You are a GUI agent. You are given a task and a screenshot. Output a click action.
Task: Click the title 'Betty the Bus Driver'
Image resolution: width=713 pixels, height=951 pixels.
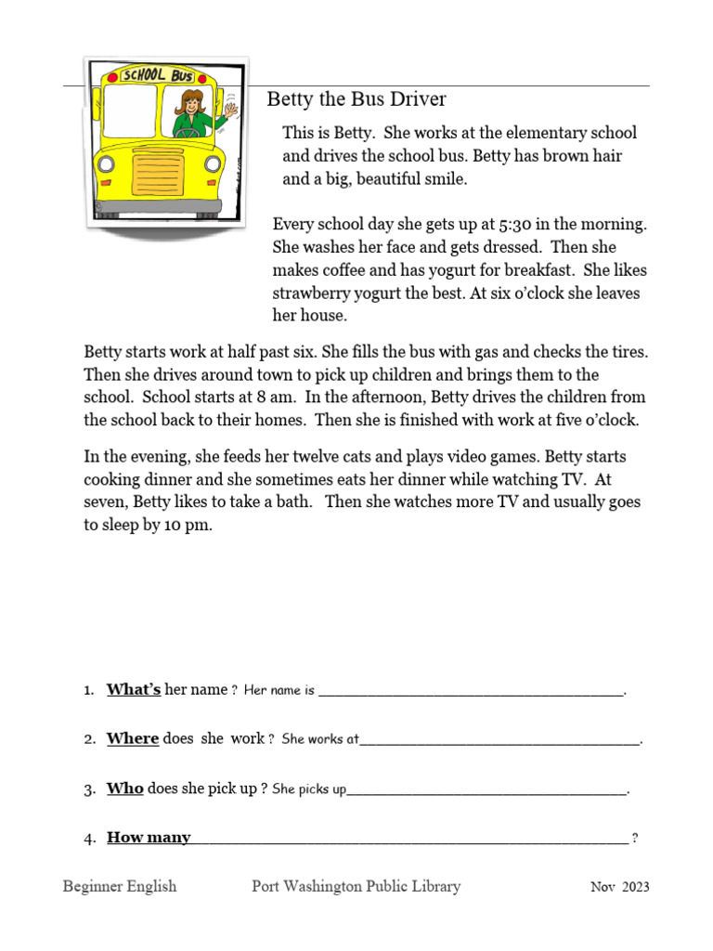pyautogui.click(x=356, y=99)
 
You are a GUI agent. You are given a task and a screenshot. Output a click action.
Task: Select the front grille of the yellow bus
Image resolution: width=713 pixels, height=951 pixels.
pyautogui.click(x=160, y=176)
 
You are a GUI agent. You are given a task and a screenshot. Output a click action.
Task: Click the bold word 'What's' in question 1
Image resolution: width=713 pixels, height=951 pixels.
pyautogui.click(x=134, y=689)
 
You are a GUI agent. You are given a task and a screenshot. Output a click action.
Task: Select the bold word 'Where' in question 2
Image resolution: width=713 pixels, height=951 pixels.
pyautogui.click(x=133, y=738)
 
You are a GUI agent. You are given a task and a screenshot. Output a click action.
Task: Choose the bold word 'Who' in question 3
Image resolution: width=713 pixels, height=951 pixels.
pyautogui.click(x=125, y=788)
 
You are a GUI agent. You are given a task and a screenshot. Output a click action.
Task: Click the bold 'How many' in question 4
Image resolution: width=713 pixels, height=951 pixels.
pyautogui.click(x=149, y=838)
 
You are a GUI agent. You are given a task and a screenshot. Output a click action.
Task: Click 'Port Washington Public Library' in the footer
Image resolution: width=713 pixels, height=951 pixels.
pyautogui.click(x=356, y=886)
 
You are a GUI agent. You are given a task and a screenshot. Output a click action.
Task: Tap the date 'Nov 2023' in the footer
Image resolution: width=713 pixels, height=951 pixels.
pyautogui.click(x=619, y=887)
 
